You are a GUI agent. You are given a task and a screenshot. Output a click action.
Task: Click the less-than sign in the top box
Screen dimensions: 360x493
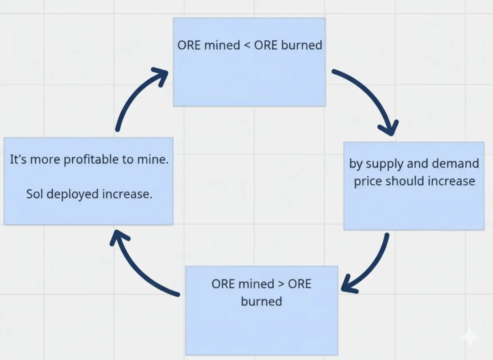pos(247,45)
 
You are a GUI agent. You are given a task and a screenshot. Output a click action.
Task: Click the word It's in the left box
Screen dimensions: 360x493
pos(18,160)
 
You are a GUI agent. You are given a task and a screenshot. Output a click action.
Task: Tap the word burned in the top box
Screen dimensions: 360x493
pos(301,45)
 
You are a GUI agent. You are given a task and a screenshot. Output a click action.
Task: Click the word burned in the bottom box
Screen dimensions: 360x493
pos(261,301)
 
